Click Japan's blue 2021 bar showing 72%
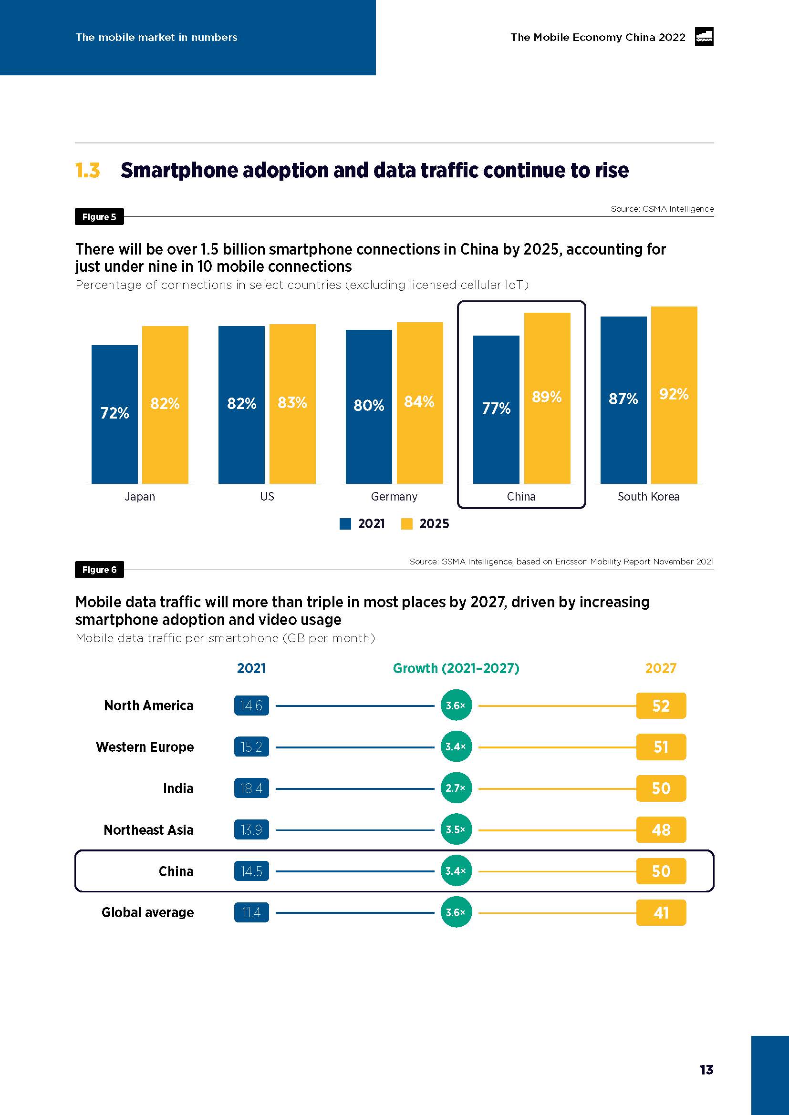click(114, 414)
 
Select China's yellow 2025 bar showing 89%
click(547, 398)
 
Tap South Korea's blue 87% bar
click(623, 399)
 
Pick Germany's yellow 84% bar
click(420, 403)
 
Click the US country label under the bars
click(267, 496)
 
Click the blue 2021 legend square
click(345, 523)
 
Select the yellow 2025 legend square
click(406, 523)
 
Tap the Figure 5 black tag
click(99, 216)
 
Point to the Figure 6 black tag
click(99, 570)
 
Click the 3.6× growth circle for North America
click(456, 705)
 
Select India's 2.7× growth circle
click(456, 788)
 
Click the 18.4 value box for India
click(251, 788)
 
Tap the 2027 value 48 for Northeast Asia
click(661, 829)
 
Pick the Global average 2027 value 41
click(661, 912)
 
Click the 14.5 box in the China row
click(251, 871)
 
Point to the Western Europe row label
click(145, 747)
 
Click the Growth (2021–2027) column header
click(456, 668)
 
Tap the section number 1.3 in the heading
click(88, 171)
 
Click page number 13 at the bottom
click(706, 1069)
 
